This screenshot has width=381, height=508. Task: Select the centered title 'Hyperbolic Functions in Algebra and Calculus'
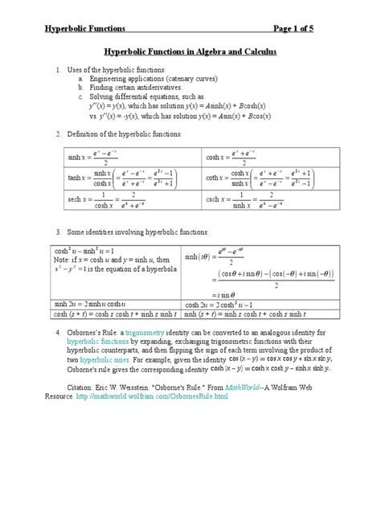[x=190, y=52]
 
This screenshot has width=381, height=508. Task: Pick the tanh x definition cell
[x=121, y=177]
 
